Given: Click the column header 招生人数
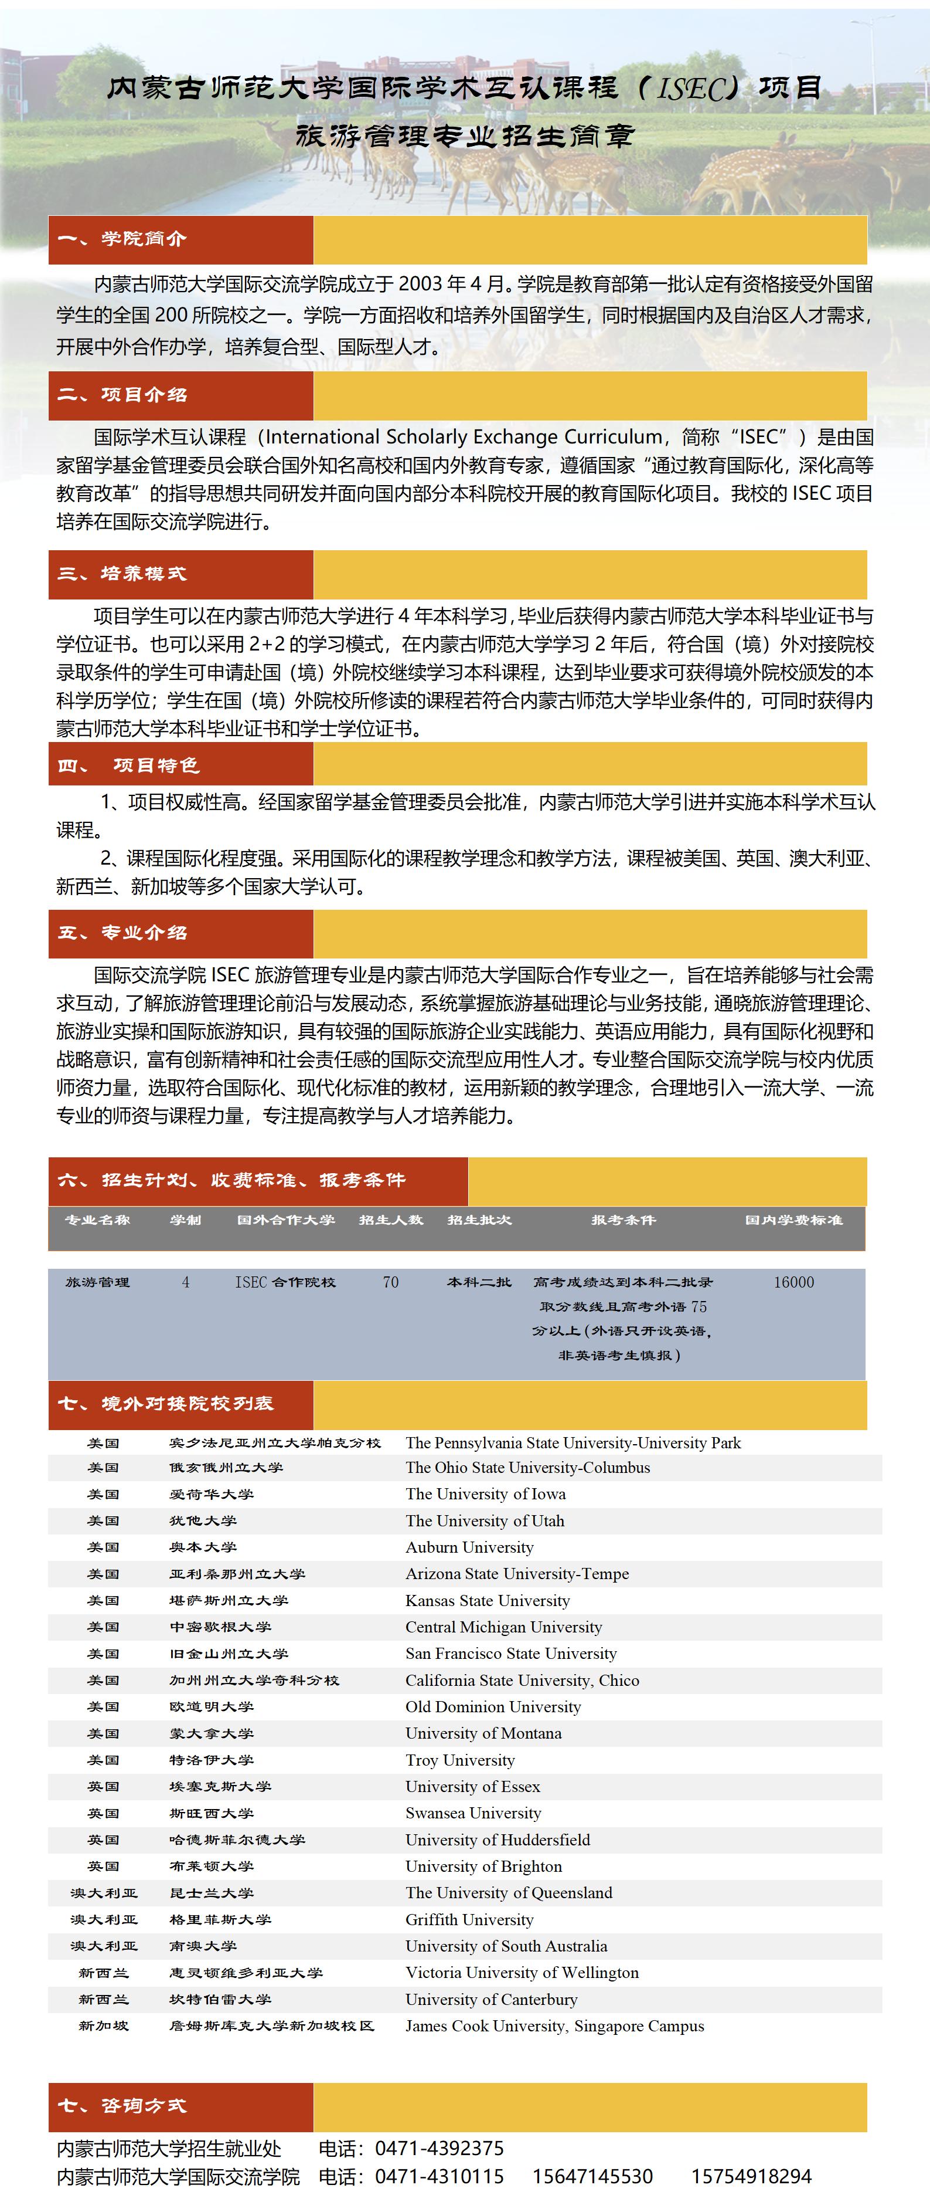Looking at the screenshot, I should tap(391, 1220).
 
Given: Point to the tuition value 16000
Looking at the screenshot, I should tap(793, 1282).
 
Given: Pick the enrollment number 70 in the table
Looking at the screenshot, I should tap(391, 1282).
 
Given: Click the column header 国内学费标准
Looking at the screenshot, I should tap(793, 1220).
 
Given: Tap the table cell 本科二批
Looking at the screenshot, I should tap(479, 1282).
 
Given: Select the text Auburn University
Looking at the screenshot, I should tap(469, 1547).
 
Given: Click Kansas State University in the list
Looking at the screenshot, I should tap(487, 1600).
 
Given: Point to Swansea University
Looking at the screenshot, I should tap(473, 1813).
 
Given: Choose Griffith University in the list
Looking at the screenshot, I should tap(469, 1920).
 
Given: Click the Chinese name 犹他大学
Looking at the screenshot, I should tap(203, 1521).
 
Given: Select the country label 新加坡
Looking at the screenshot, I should tap(103, 2025).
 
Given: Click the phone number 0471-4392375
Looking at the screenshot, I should tap(440, 2148).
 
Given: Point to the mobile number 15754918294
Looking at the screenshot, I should tap(751, 2176).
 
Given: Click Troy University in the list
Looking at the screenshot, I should tap(460, 1760).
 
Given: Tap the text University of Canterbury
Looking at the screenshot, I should tap(492, 1999).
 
